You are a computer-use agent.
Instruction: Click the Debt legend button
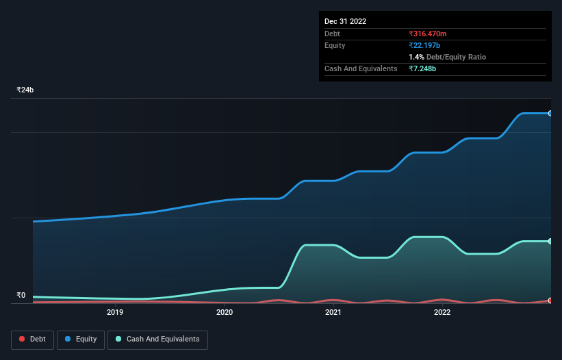click(x=31, y=339)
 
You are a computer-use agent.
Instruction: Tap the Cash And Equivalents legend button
click(x=157, y=339)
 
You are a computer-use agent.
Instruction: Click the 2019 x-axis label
click(x=115, y=313)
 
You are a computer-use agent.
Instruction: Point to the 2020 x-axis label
click(x=225, y=313)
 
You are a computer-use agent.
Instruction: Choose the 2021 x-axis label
click(x=333, y=313)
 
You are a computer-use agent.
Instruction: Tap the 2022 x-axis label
click(x=442, y=313)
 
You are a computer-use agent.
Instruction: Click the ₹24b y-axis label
click(x=25, y=90)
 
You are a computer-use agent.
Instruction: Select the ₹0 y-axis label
click(x=21, y=296)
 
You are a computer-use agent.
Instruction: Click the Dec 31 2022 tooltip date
click(x=345, y=21)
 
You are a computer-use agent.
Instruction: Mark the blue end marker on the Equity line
click(x=550, y=113)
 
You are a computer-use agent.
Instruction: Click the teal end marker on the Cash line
click(x=550, y=241)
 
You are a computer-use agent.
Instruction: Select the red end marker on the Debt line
click(x=550, y=300)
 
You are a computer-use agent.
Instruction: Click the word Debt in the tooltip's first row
click(x=332, y=34)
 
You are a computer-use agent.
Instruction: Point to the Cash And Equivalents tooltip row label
click(x=361, y=69)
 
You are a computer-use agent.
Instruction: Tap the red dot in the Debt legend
click(x=22, y=339)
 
